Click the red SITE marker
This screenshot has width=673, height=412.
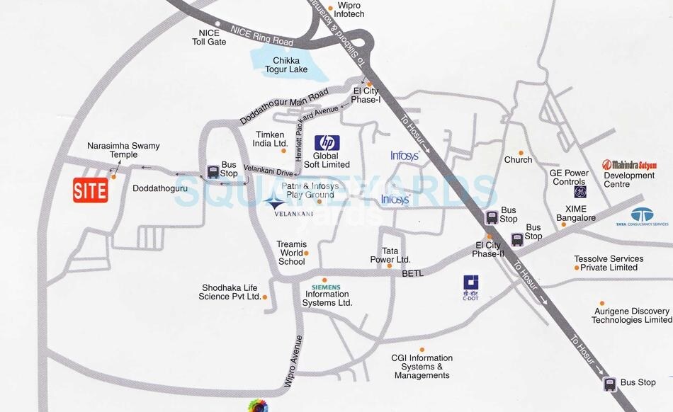pyautogui.click(x=91, y=190)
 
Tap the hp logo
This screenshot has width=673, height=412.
pyautogui.click(x=327, y=142)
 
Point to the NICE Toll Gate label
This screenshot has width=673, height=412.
pyautogui.click(x=209, y=38)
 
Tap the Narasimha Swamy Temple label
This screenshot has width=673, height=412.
pyautogui.click(x=123, y=150)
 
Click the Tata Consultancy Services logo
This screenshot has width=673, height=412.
pyautogui.click(x=642, y=216)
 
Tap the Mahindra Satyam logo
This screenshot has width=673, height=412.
pyautogui.click(x=629, y=164)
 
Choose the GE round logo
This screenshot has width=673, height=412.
pyautogui.click(x=579, y=192)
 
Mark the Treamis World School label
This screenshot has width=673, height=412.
pyautogui.click(x=291, y=253)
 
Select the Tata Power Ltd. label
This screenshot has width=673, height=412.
pyautogui.click(x=390, y=256)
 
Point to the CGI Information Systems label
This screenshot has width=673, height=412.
pyautogui.click(x=422, y=366)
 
